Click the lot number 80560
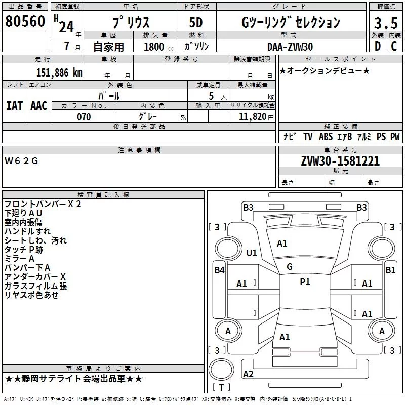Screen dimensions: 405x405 (x=24, y=22)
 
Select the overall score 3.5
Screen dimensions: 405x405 (x=385, y=23)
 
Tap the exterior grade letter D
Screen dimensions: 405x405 (x=377, y=46)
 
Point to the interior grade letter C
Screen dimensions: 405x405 (x=394, y=46)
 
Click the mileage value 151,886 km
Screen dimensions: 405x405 (x=59, y=72)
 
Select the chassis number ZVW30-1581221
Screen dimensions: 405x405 (x=340, y=161)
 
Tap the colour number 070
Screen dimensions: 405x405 (x=84, y=117)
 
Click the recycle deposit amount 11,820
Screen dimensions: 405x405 (x=252, y=117)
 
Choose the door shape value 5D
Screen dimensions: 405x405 (x=195, y=23)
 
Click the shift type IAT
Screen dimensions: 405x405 (x=14, y=105)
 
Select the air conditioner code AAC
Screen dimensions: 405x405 (x=38, y=105)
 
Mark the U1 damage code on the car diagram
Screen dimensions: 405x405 (x=251, y=253)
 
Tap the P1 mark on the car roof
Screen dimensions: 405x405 (x=305, y=282)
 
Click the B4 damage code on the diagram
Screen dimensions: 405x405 (x=219, y=270)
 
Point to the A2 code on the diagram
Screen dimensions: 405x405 (x=248, y=374)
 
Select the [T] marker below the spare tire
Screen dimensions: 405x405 (x=221, y=387)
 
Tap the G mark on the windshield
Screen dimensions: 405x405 (x=290, y=267)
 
